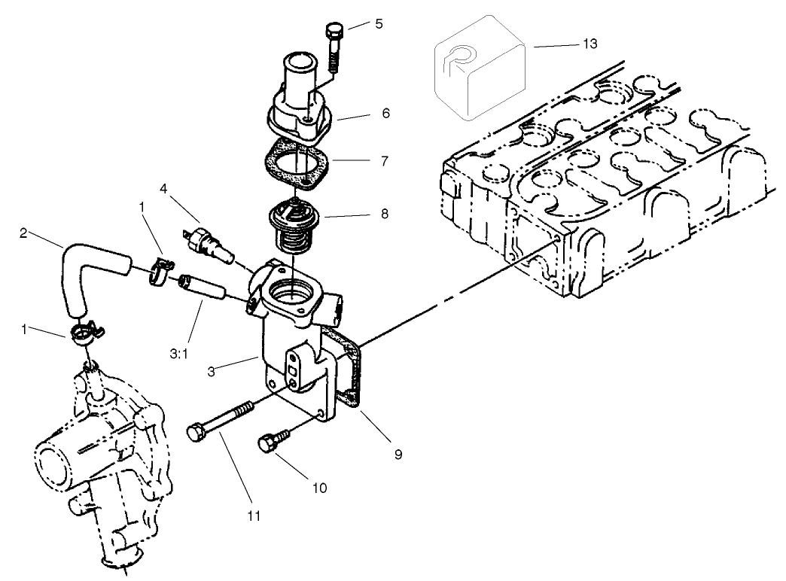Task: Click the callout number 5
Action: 379,23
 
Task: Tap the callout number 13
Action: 589,44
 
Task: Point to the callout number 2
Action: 24,234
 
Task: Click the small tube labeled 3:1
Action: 203,290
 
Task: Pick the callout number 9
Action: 398,454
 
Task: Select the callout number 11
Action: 253,516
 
